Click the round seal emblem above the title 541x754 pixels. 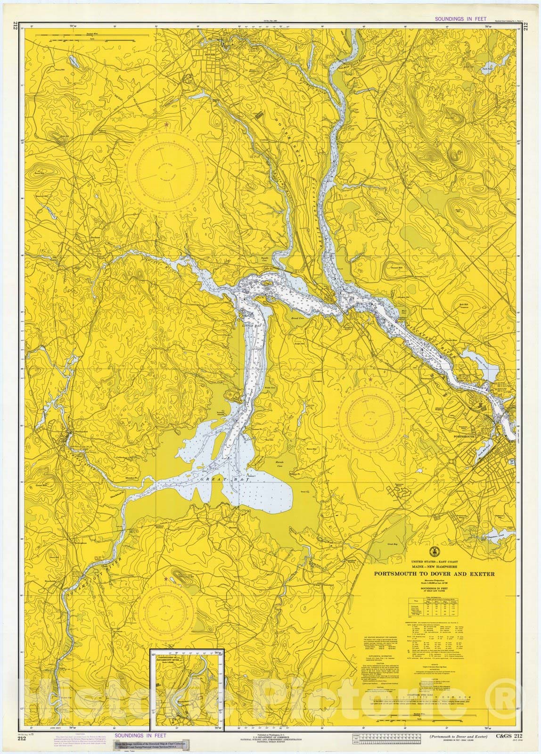(433, 551)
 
